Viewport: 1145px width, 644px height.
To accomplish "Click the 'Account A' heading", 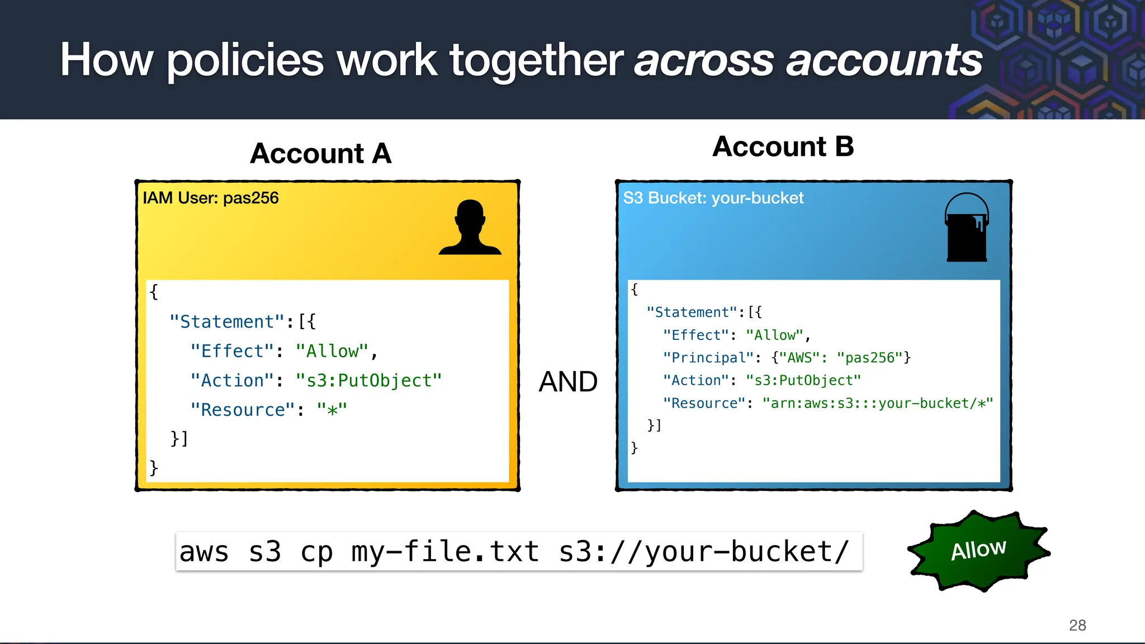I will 320,154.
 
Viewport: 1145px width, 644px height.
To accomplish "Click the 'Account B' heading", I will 783,147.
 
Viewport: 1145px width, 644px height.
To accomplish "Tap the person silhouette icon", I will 470,228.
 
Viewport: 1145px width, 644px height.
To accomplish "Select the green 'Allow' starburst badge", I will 978,550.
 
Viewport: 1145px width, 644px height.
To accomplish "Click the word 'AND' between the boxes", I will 568,382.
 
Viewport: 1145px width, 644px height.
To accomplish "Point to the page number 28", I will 1077,625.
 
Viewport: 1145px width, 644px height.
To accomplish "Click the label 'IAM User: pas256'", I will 210,198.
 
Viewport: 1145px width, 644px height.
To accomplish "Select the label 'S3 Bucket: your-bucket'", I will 713,198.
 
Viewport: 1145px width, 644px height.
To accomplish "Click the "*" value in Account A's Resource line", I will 332,410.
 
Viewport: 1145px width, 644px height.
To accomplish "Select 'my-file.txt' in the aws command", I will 445,552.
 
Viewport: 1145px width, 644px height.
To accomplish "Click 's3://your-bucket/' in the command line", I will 704,552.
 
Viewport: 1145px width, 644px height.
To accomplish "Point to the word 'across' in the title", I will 704,60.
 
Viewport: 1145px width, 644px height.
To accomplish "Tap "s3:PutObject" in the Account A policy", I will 369,381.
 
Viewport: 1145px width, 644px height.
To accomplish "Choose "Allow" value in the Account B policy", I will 775,335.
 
